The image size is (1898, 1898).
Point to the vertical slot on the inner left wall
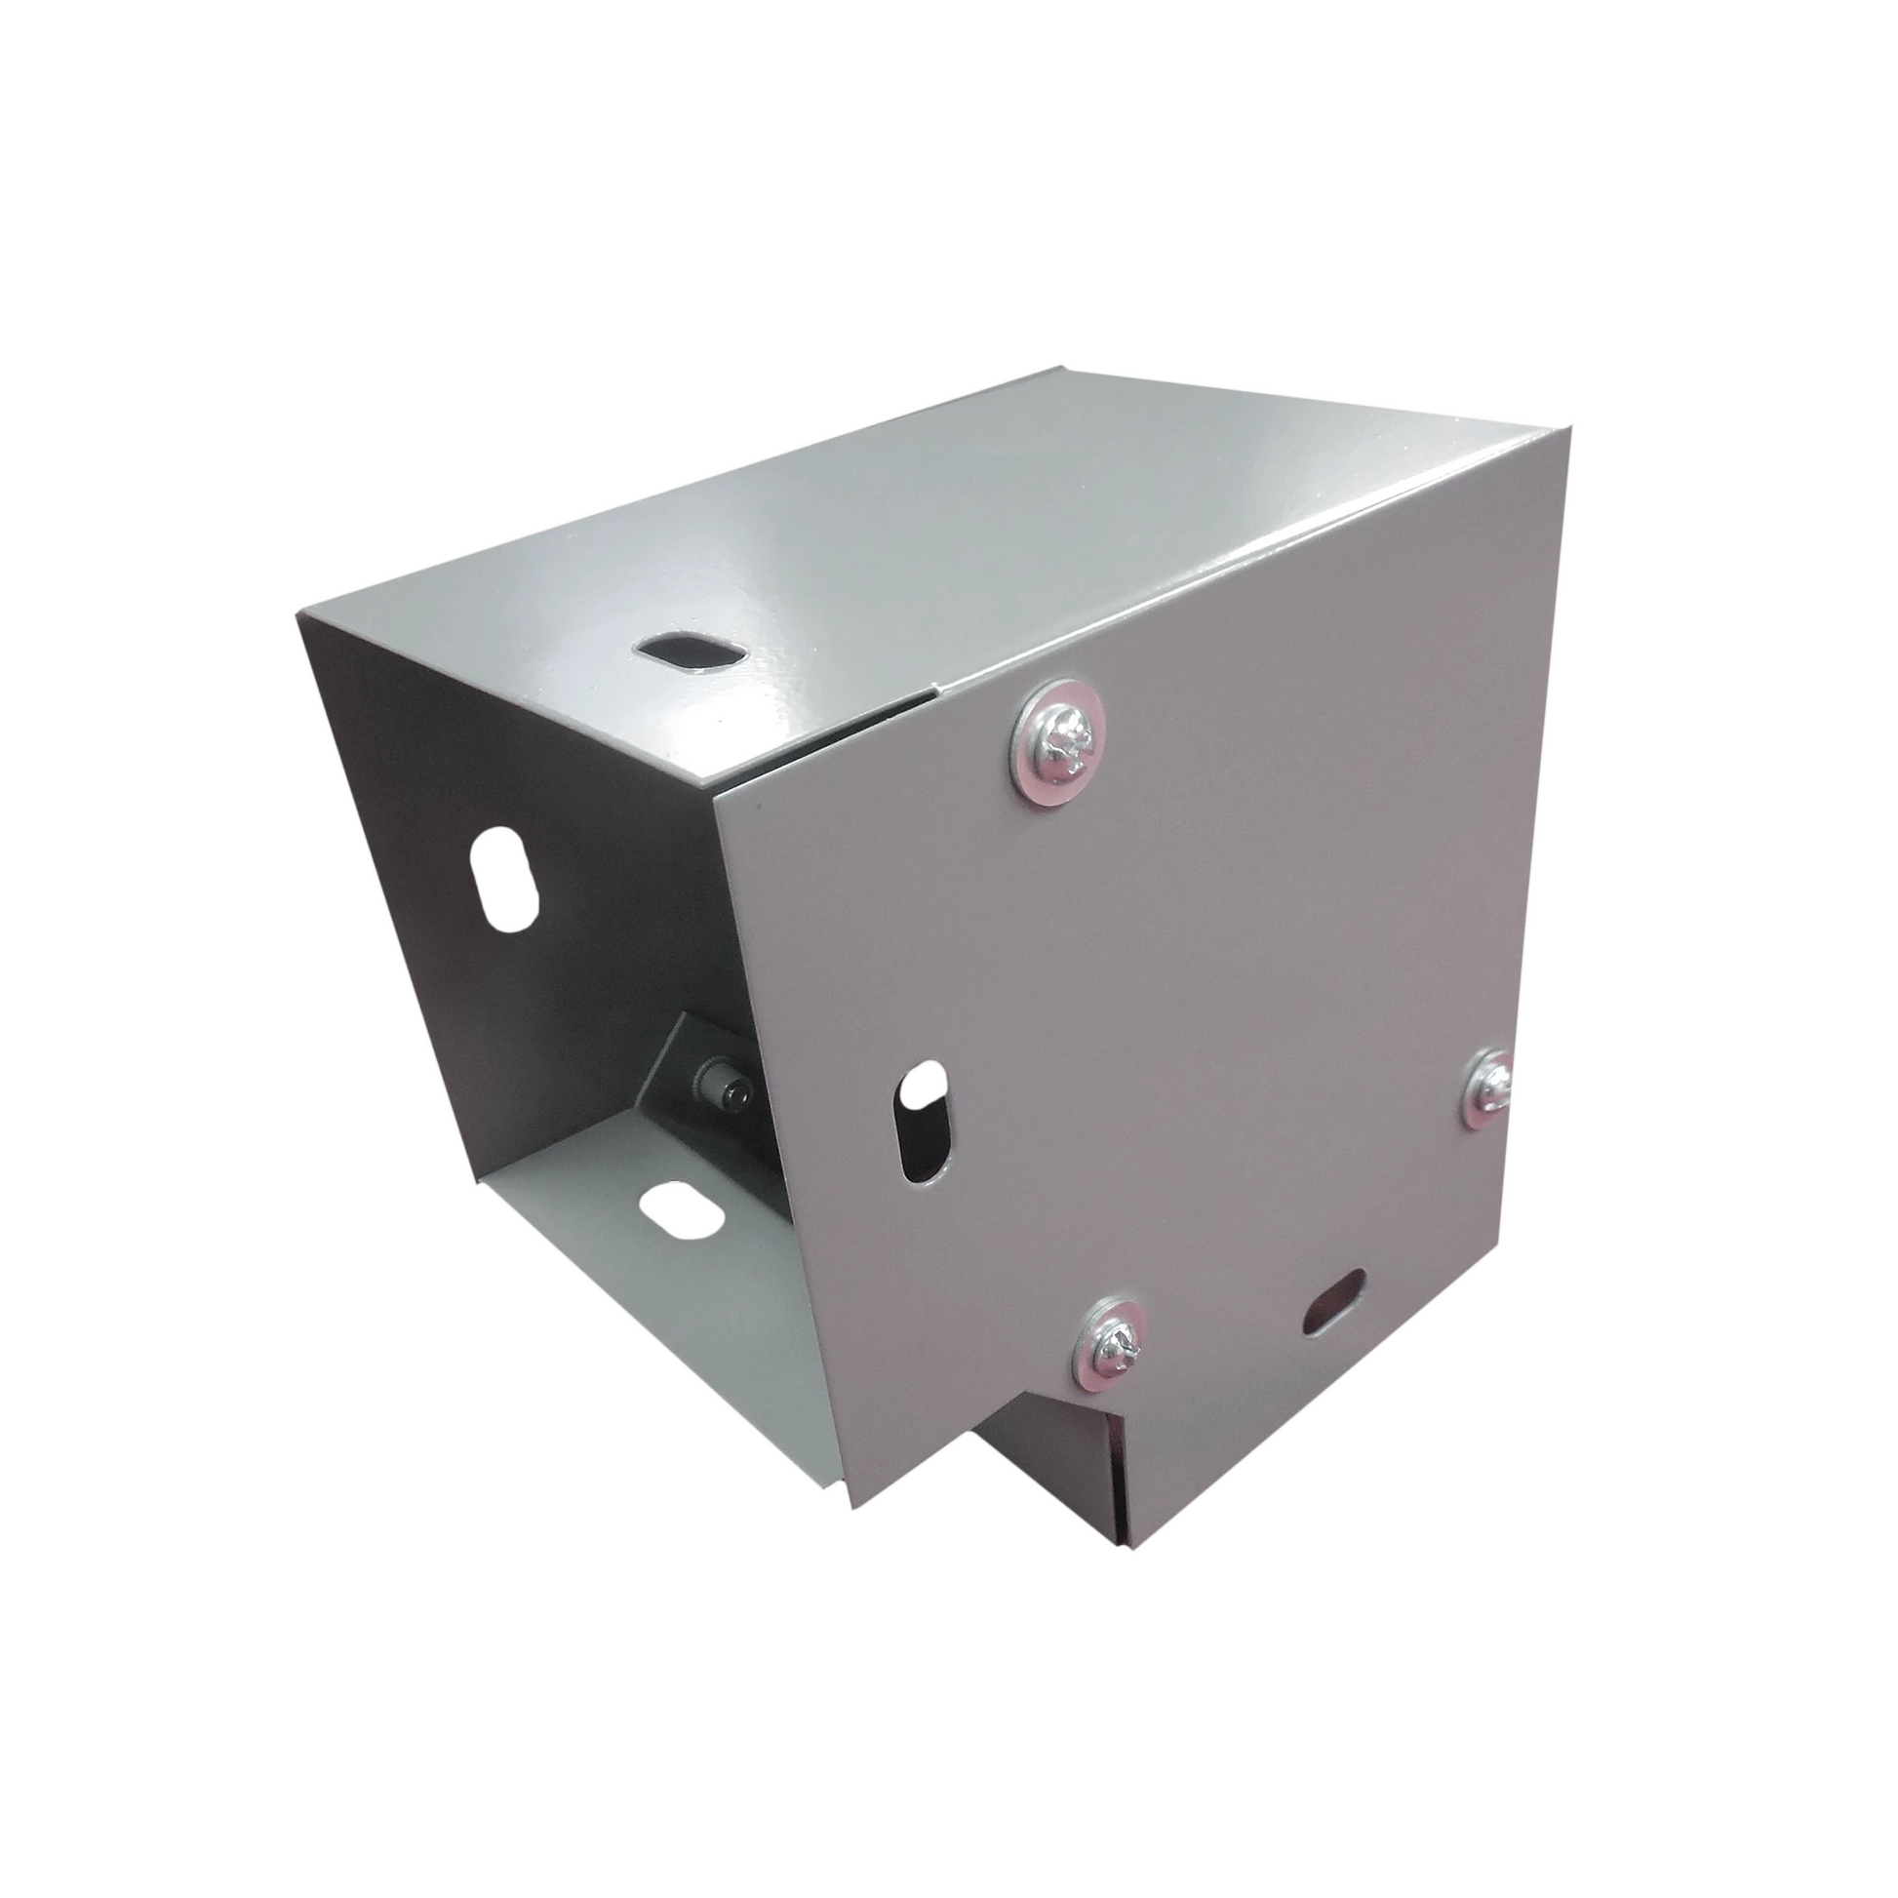(x=506, y=864)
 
